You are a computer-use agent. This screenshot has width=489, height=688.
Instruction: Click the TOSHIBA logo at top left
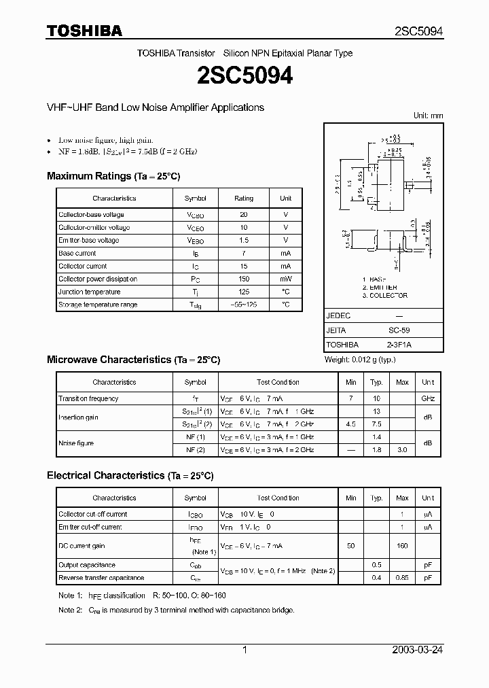[x=84, y=31]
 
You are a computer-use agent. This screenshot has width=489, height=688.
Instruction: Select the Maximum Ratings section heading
[x=113, y=176]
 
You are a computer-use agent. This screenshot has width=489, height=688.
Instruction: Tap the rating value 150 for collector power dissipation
[x=243, y=279]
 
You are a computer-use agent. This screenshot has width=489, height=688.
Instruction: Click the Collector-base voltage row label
[x=91, y=215]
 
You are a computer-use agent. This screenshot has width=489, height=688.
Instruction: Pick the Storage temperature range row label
[x=98, y=305]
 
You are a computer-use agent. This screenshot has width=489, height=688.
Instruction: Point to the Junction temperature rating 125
[x=243, y=292]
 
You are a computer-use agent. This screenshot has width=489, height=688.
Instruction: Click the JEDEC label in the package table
[x=339, y=316]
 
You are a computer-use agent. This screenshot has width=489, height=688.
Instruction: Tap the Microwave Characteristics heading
[x=133, y=360]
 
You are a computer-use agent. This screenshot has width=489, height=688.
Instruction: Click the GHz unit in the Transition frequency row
[x=428, y=399]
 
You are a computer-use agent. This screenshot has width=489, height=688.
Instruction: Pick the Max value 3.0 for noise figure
[x=402, y=450]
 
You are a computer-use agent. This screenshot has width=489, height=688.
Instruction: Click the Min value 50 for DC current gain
[x=350, y=546]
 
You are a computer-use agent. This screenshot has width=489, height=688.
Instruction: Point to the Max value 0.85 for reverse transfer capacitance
[x=402, y=578]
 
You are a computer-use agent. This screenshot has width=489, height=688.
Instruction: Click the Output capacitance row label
[x=87, y=566]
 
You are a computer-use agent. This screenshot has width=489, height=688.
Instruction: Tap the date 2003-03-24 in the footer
[x=418, y=650]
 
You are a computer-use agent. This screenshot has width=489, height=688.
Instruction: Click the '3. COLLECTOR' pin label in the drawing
[x=385, y=296]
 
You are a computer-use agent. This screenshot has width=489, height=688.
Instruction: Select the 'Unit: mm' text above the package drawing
[x=428, y=116]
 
